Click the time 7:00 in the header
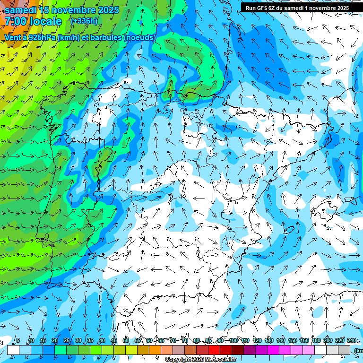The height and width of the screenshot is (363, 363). click(x=16, y=21)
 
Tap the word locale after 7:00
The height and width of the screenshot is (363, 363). click(x=45, y=21)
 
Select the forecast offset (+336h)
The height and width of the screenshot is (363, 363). click(x=84, y=21)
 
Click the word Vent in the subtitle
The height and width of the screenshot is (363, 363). click(x=13, y=37)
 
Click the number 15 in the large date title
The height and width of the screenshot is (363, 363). click(x=44, y=10)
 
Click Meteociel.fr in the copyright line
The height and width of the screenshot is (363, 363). click(x=224, y=360)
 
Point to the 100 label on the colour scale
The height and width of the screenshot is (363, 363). click(x=233, y=340)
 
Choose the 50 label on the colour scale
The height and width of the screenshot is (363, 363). click(x=126, y=340)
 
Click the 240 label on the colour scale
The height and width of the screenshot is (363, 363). click(x=352, y=340)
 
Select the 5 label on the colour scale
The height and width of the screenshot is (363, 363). click(x=18, y=340)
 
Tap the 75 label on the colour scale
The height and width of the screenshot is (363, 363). click(x=185, y=340)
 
